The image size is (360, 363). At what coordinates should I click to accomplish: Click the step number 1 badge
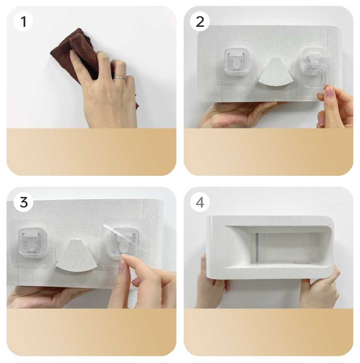(x=23, y=22)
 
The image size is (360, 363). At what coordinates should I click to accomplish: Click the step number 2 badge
(x=200, y=22)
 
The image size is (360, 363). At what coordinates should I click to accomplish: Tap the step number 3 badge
(x=23, y=202)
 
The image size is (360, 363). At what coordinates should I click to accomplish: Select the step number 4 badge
(x=200, y=202)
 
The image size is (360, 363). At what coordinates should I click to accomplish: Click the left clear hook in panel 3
(x=33, y=243)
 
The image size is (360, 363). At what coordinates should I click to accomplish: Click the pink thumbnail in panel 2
(x=329, y=91)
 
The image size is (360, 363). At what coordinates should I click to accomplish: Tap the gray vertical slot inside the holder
(x=257, y=248)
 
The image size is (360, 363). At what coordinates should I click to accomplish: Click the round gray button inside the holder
(x=301, y=263)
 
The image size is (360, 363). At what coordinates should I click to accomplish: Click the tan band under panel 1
(x=91, y=152)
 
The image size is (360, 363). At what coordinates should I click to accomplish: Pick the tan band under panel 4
(x=269, y=332)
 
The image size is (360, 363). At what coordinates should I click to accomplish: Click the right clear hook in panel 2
(x=314, y=69)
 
